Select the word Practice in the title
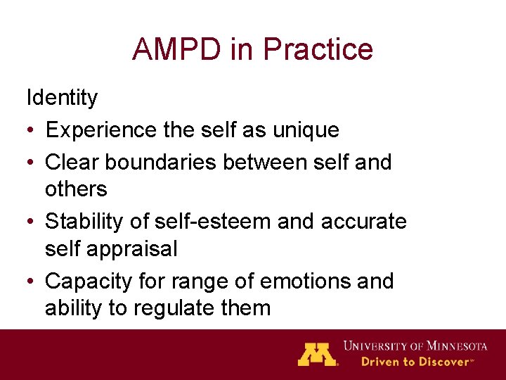317,49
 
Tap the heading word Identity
62,98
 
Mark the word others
76,189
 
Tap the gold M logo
318,354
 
